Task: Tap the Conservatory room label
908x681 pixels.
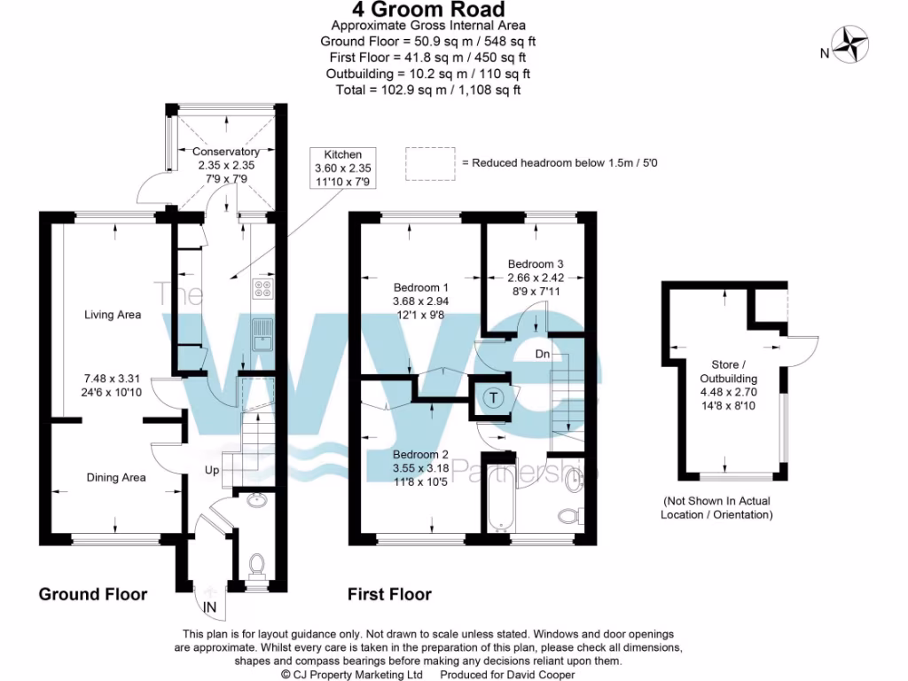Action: tap(226, 153)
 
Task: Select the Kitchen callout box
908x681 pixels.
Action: tap(343, 168)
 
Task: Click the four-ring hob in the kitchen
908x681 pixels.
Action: tap(264, 287)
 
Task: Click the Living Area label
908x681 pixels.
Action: tap(113, 315)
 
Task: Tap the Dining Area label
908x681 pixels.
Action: tap(116, 478)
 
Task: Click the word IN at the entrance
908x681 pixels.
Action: tap(210, 607)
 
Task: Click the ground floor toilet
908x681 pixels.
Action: tap(258, 563)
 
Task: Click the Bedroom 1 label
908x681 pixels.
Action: tap(421, 288)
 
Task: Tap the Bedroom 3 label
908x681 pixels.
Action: tap(536, 263)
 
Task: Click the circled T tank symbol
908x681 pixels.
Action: tap(491, 398)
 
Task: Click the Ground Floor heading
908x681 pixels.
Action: tap(93, 594)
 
